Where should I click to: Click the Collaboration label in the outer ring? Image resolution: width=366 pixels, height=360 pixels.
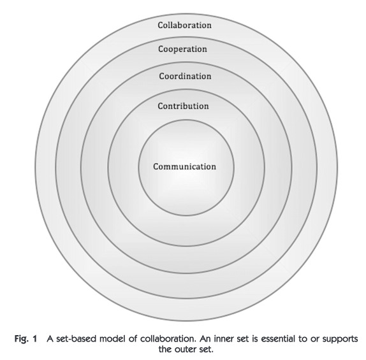tap(184, 25)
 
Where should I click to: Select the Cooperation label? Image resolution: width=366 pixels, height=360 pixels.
tap(182, 49)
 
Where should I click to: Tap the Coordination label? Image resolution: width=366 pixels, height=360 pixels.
tap(185, 76)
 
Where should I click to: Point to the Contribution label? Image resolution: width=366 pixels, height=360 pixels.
tap(183, 106)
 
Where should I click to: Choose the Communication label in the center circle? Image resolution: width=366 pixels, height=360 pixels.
tap(184, 166)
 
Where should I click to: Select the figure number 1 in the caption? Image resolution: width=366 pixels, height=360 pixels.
tap(35, 338)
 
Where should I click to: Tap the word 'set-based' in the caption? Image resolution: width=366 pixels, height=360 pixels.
tap(76, 338)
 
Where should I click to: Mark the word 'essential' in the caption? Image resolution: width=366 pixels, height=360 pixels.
tap(275, 338)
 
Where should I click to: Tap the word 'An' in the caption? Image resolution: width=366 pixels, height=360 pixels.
tap(205, 338)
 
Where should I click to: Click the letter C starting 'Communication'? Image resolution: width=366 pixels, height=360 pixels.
tap(156, 166)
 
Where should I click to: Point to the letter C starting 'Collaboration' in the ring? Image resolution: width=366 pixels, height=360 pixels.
tap(160, 25)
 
